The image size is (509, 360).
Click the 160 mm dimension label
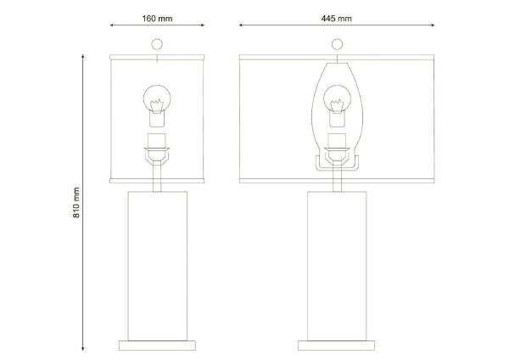tap(157, 19)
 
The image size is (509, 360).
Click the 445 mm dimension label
tap(336, 19)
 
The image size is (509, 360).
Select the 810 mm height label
tap(76, 202)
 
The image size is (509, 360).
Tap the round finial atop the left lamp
tap(157, 44)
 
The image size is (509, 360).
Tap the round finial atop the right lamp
tap(337, 44)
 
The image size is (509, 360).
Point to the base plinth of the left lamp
tap(157, 346)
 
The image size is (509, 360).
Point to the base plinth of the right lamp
tap(336, 346)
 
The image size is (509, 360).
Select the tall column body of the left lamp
tap(158, 266)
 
